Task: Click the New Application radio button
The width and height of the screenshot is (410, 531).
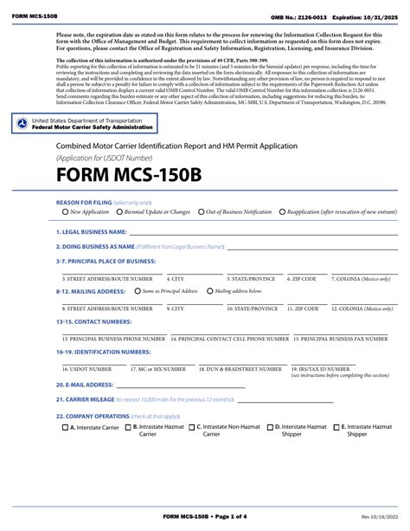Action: (x=66, y=211)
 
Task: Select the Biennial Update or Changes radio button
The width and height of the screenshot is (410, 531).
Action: (x=119, y=211)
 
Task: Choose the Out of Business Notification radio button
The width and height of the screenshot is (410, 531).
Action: (x=200, y=211)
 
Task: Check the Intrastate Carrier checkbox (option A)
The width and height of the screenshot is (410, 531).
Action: (x=66, y=427)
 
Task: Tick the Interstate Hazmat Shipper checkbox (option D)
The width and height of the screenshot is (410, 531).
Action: (x=270, y=427)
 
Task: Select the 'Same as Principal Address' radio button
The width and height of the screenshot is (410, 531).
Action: (x=137, y=292)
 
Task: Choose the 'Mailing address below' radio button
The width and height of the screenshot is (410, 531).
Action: (x=209, y=292)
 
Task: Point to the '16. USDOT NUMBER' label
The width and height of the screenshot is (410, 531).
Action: (x=86, y=368)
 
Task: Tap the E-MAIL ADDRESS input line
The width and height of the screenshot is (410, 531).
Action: (x=173, y=385)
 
